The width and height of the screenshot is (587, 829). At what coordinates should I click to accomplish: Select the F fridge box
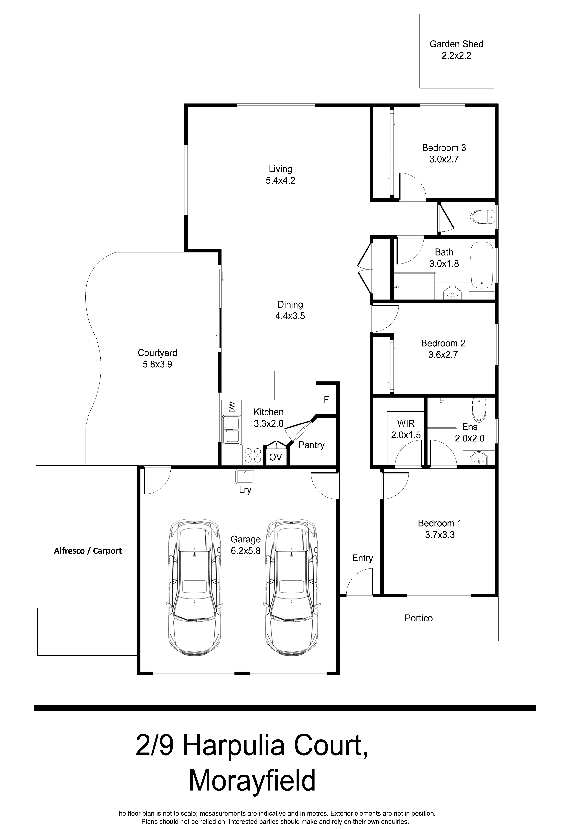326,400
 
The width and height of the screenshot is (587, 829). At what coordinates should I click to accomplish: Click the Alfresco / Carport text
88,551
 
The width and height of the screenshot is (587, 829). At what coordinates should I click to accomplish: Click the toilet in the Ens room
479,410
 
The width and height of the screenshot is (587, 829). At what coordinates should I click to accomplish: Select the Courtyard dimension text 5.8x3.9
157,364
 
